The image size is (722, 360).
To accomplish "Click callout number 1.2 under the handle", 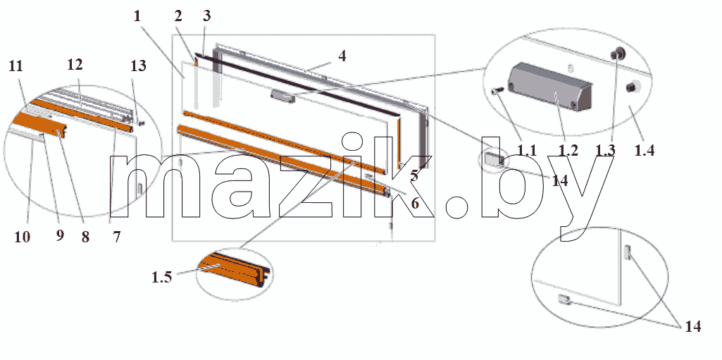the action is point(568,150).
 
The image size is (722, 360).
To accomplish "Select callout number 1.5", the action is point(161,277).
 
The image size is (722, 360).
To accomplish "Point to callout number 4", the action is point(342,56).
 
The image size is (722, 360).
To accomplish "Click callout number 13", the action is point(138,66).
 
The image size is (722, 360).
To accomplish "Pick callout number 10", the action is point(22,237).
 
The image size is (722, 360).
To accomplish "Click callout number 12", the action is point(75,65).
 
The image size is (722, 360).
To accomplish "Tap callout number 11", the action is point(15,66).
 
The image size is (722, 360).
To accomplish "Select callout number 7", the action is point(116,237).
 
